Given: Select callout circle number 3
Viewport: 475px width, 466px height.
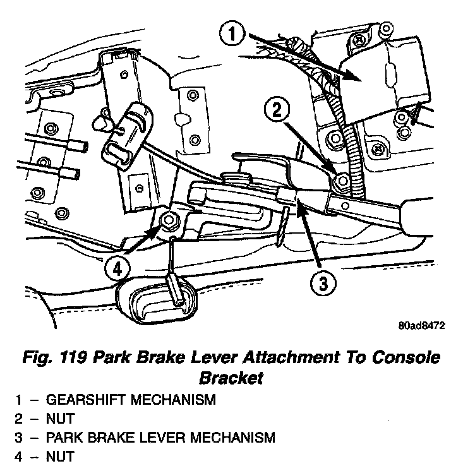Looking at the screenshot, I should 322,284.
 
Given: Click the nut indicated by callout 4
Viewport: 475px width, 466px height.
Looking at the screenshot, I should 169,220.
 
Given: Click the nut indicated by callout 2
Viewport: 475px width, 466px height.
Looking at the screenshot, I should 341,181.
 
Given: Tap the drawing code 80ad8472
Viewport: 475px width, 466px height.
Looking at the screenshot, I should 422,326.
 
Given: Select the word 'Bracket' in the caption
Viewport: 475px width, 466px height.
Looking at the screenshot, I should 231,378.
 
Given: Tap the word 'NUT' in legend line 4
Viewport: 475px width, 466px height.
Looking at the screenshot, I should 61,455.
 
